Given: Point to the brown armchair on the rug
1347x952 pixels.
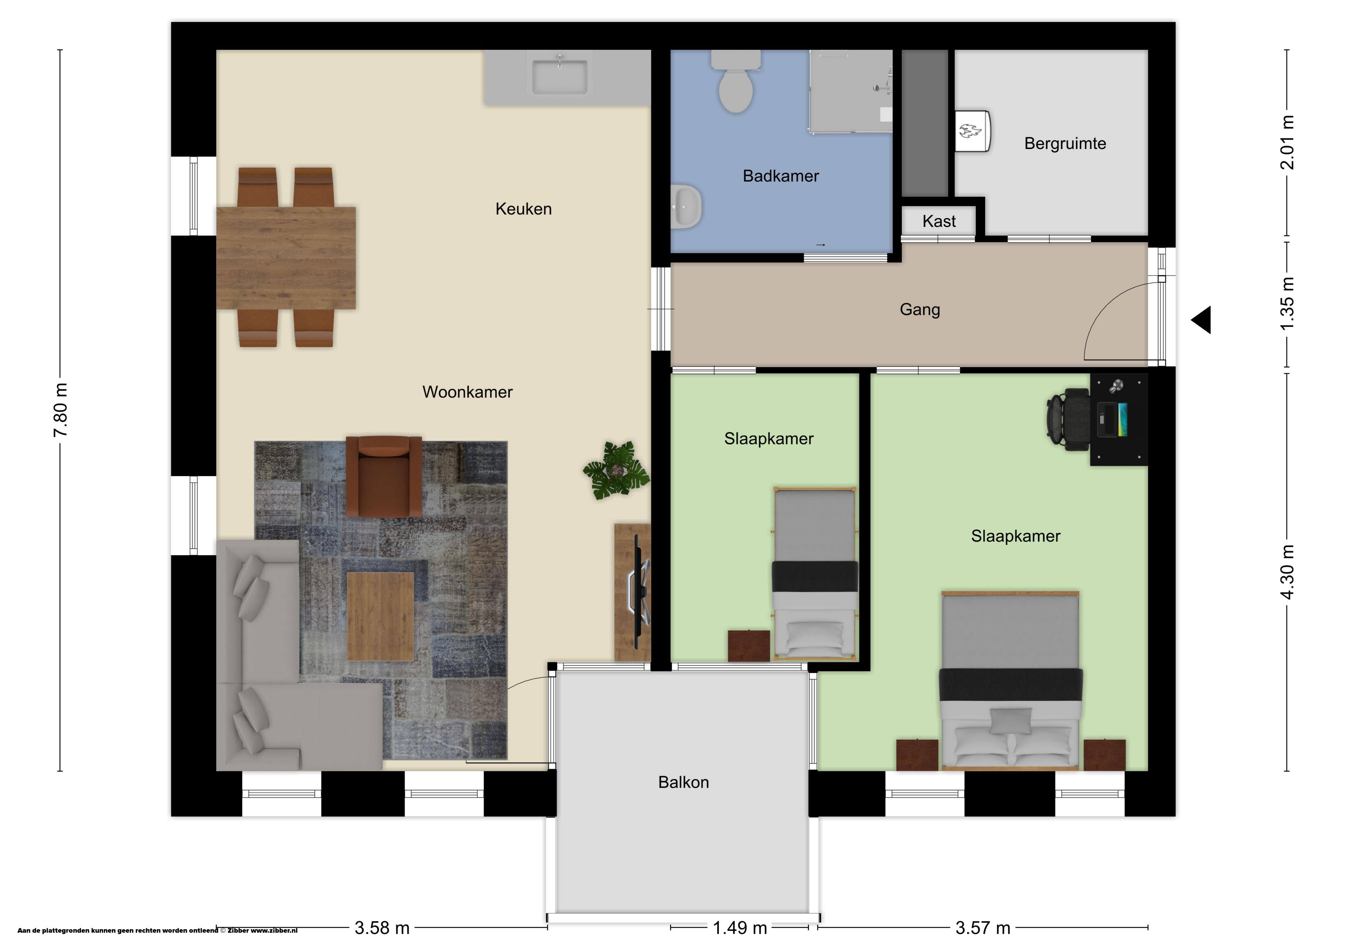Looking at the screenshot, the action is click(384, 476).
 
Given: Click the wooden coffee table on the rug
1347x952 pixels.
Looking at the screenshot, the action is click(380, 616).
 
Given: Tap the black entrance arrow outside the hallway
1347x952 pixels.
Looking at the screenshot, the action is click(1201, 320).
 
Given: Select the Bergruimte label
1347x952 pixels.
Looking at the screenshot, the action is click(1065, 144).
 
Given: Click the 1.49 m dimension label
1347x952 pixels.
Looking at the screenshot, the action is click(740, 928).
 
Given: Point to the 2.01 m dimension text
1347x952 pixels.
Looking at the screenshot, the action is click(1287, 142).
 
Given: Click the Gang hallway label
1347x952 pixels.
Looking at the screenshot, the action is click(920, 310).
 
